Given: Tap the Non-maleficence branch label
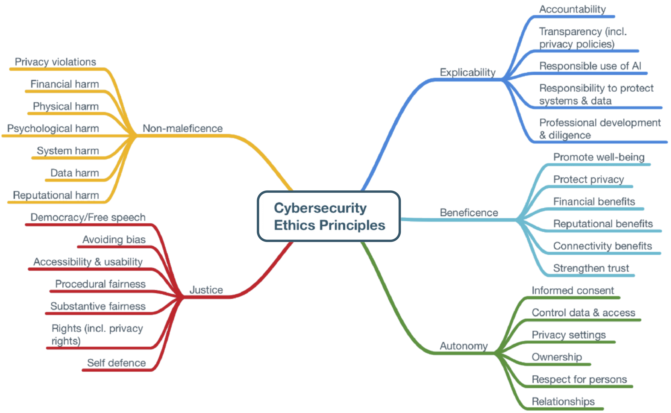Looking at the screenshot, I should click(183, 128).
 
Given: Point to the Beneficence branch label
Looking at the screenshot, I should click(469, 212).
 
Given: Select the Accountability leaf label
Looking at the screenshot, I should click(572, 9).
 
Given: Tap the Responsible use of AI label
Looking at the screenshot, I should click(590, 66).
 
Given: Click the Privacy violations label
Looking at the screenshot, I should click(55, 62).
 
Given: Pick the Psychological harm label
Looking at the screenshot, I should click(53, 128).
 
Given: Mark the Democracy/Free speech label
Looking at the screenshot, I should click(88, 217).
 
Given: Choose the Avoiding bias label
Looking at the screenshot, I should click(114, 240).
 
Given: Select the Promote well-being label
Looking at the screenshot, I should click(599, 157).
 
